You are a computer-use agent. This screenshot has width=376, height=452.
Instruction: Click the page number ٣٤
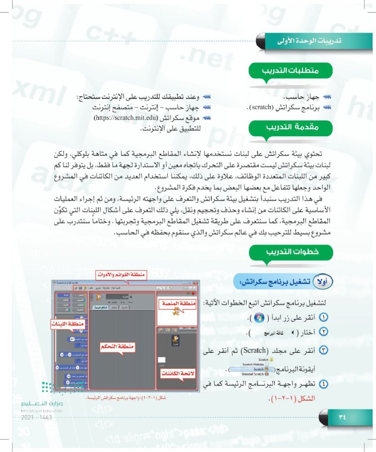(x=342, y=416)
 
